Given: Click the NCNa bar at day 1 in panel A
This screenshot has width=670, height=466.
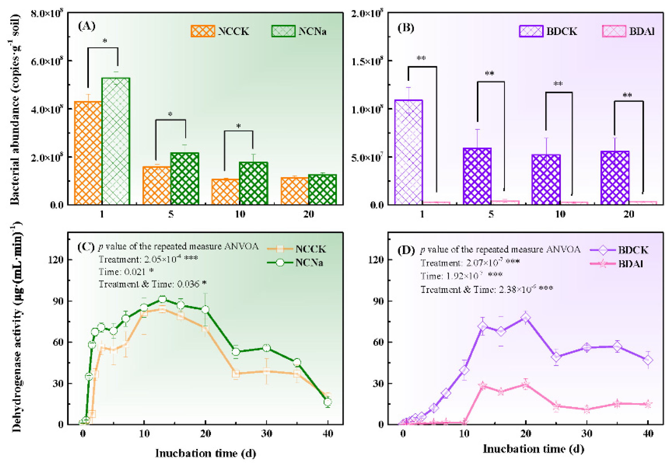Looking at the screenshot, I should [x=116, y=141].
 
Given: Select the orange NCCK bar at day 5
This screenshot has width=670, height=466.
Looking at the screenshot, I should [x=157, y=186].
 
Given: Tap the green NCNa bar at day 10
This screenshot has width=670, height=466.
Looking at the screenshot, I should [x=253, y=183].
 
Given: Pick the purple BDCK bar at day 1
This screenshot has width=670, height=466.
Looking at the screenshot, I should [x=409, y=152].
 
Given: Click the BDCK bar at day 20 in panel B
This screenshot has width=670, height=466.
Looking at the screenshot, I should [x=615, y=178].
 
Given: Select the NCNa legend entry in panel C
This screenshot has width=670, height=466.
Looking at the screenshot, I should [x=295, y=263].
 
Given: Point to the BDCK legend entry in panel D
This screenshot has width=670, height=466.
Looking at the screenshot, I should [x=619, y=250].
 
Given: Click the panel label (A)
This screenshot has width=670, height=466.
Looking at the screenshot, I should [x=87, y=26].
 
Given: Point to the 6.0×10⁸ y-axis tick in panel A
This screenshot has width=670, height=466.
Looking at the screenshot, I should [x=47, y=61].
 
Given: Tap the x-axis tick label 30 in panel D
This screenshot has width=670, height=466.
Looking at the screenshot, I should [x=587, y=434].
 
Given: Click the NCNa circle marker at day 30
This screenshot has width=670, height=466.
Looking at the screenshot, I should [x=267, y=348].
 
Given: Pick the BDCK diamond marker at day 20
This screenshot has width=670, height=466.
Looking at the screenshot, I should [x=526, y=318].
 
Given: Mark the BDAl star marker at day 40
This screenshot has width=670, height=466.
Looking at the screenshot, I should [x=648, y=404].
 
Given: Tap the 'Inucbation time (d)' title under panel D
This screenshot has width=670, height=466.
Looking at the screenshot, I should [x=533, y=449].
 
